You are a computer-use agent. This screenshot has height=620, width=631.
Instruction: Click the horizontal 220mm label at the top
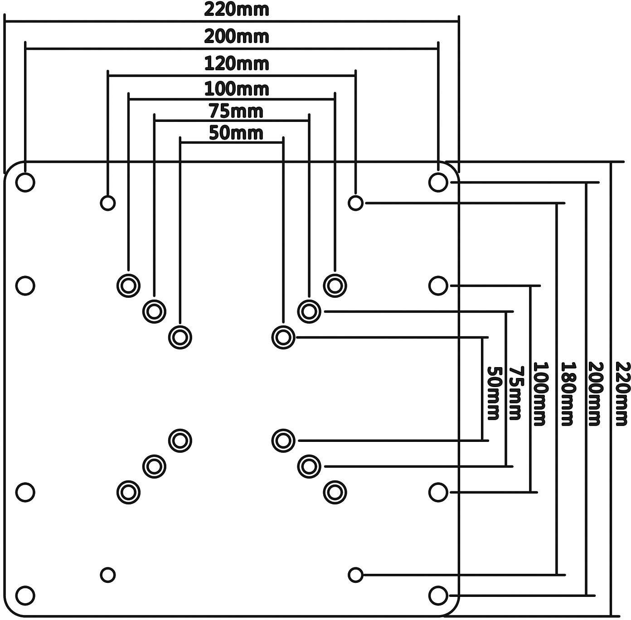(236, 10)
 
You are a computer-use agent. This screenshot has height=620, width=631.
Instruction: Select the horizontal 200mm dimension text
(236, 36)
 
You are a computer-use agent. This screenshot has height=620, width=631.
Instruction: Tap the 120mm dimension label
(236, 63)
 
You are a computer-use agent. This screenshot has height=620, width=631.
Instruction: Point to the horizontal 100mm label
(236, 89)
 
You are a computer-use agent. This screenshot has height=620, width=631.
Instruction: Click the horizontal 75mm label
(236, 111)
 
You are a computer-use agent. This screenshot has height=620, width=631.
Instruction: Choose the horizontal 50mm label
(236, 133)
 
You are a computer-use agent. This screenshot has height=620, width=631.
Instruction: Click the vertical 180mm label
(568, 393)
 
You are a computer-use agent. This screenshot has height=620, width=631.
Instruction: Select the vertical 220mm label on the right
(623, 393)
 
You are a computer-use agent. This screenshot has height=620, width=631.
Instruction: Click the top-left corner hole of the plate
(25, 182)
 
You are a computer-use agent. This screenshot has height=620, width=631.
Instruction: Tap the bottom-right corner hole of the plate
(437, 595)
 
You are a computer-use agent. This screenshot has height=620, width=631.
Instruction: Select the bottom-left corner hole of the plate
(25, 595)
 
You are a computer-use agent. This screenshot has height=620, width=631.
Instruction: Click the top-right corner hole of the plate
(437, 182)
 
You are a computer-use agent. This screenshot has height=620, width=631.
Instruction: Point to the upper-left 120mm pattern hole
(107, 203)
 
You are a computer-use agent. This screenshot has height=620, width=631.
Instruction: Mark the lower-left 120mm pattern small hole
(107, 575)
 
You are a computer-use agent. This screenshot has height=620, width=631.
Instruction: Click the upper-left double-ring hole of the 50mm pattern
(180, 337)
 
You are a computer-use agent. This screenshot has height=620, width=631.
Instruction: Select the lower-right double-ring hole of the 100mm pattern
(335, 492)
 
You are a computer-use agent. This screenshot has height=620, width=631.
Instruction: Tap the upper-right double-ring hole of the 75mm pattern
(309, 311)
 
